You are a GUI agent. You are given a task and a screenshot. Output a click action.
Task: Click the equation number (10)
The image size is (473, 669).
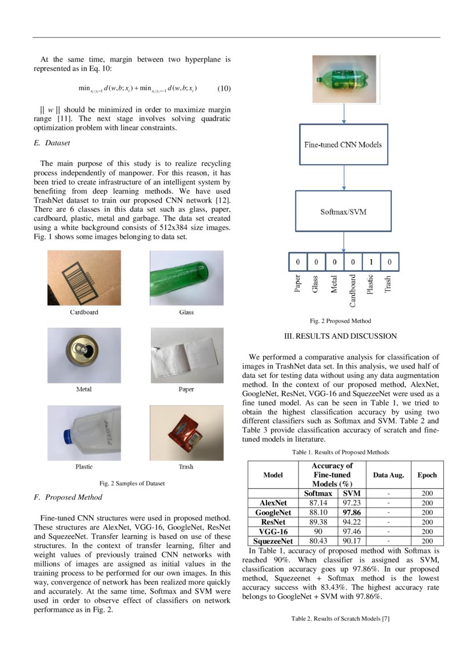224,89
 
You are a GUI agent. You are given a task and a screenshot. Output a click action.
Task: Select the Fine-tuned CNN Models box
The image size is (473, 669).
343,144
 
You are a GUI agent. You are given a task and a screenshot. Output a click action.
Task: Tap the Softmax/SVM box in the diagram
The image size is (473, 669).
343,212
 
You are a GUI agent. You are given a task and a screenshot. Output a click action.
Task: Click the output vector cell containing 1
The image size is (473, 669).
371,262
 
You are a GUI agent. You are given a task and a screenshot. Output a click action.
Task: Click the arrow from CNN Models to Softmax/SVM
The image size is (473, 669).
343,178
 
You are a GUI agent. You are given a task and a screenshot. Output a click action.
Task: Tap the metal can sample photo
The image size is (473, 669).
84,355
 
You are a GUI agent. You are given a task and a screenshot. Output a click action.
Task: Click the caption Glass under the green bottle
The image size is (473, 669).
186,312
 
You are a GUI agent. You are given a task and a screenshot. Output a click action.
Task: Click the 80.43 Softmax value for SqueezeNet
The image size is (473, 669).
317,541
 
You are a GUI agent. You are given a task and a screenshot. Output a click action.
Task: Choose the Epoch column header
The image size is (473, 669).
427,475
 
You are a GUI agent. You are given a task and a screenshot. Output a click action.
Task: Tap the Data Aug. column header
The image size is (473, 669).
388,475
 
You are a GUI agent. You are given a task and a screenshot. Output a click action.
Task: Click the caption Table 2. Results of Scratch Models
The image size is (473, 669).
340,619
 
